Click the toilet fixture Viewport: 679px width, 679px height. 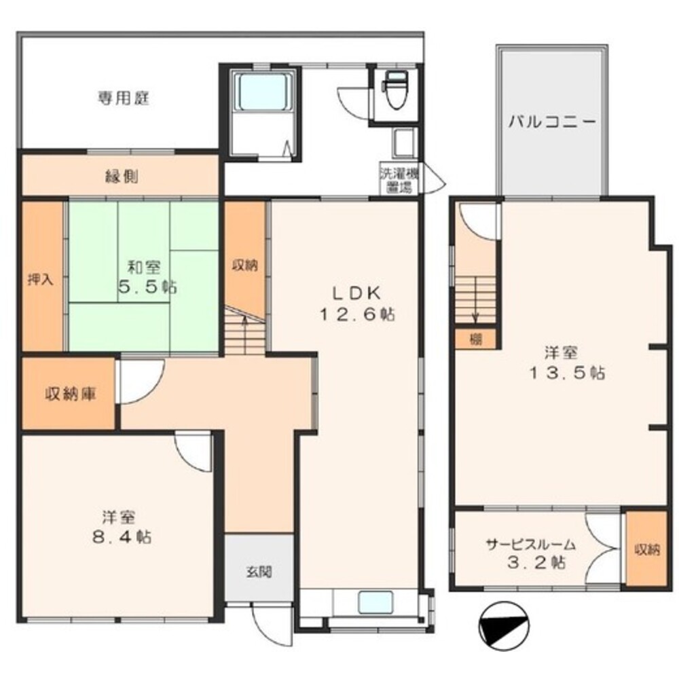(x=396, y=90)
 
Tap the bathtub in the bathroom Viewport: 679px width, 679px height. (x=263, y=92)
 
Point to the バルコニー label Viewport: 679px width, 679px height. (x=552, y=122)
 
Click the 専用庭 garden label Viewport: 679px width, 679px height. (x=124, y=98)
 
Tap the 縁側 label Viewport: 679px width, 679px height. (x=122, y=177)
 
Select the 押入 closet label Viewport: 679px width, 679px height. (x=41, y=280)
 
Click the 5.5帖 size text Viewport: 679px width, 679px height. (x=147, y=287)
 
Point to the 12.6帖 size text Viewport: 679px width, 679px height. (x=357, y=314)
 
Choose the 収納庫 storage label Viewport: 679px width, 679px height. (x=71, y=394)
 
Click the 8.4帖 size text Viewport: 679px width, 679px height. (x=122, y=537)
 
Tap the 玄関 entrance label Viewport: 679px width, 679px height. (x=259, y=572)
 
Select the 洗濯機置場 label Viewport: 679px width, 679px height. (x=399, y=180)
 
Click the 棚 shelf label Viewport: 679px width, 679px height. (x=475, y=339)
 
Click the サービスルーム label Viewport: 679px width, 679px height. (x=531, y=544)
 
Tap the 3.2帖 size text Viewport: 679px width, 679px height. (x=536, y=562)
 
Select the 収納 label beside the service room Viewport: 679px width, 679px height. (x=647, y=550)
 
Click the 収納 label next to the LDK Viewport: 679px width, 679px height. (x=245, y=265)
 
